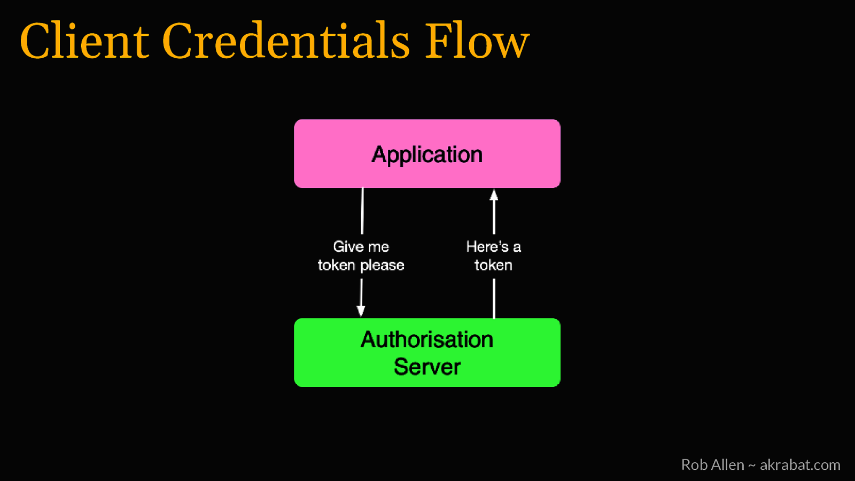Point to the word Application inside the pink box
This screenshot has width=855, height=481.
click(x=427, y=154)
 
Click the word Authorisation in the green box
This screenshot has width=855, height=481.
click(x=427, y=339)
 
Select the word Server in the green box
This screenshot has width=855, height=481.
click(x=427, y=367)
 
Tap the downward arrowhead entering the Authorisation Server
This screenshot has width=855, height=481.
click(x=361, y=311)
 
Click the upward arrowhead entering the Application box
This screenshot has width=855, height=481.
click(x=494, y=195)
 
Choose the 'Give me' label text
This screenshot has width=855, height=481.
click(x=361, y=246)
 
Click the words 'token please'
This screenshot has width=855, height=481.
click(x=361, y=265)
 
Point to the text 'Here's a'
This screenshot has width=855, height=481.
click(x=493, y=246)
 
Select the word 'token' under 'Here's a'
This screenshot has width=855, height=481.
click(x=493, y=265)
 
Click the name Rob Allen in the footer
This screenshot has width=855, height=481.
click(x=712, y=464)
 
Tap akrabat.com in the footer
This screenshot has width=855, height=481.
click(x=800, y=464)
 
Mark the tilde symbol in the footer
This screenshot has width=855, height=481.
click(x=752, y=466)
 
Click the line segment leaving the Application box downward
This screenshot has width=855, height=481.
click(x=362, y=211)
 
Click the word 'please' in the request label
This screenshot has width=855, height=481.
click(x=382, y=266)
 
